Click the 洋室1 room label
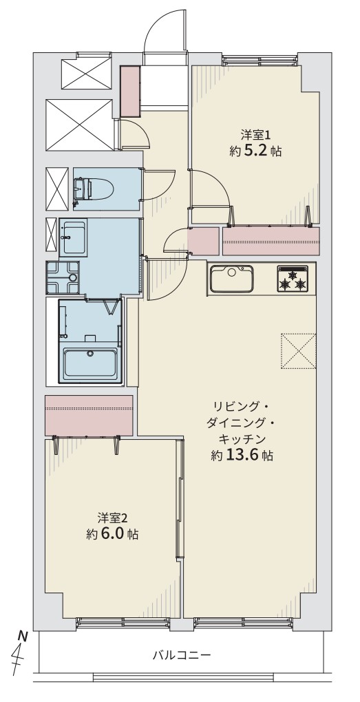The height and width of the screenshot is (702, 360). click(255, 134)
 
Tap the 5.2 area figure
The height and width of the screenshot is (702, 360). click(255, 151)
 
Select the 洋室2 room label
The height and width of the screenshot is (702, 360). click(113, 518)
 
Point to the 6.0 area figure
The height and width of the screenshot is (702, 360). click(112, 534)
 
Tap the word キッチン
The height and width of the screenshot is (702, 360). click(242, 438)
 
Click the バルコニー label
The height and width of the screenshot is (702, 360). click(181, 656)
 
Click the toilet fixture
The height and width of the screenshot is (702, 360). click(89, 189)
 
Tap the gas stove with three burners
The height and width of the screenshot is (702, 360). click(293, 279)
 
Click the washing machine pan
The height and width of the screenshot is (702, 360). click(62, 277)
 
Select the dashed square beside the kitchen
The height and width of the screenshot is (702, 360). click(299, 352)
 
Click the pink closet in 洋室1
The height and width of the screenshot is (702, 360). click(271, 241)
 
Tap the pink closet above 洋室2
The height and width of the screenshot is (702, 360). click(89, 415)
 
